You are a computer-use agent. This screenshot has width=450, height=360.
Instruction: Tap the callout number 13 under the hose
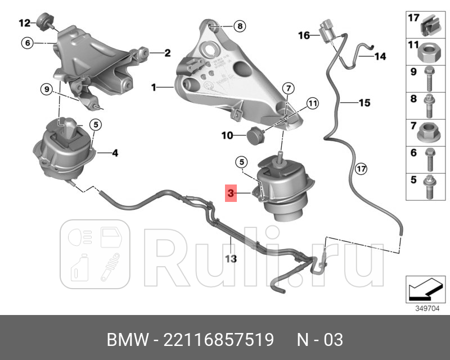pyautogui.click(x=231, y=259)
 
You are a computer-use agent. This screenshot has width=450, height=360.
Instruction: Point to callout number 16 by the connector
pyautogui.click(x=304, y=35)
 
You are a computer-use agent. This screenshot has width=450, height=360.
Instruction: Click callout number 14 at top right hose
pyautogui.click(x=380, y=56)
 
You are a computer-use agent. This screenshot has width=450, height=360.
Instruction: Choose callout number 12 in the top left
pyautogui.click(x=24, y=23)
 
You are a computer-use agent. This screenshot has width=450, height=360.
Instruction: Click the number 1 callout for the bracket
pyautogui.click(x=154, y=88)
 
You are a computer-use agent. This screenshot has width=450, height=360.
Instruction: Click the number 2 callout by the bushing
pyautogui.click(x=167, y=53)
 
